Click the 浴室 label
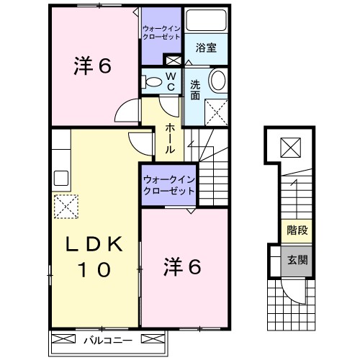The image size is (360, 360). (x=207, y=48)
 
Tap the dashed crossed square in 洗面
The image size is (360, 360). (x=215, y=112)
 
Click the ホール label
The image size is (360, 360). (x=168, y=139)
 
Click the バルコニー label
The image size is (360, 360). (x=106, y=338)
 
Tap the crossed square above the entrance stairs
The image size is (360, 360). (x=292, y=148)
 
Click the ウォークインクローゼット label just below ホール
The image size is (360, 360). (x=168, y=186)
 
